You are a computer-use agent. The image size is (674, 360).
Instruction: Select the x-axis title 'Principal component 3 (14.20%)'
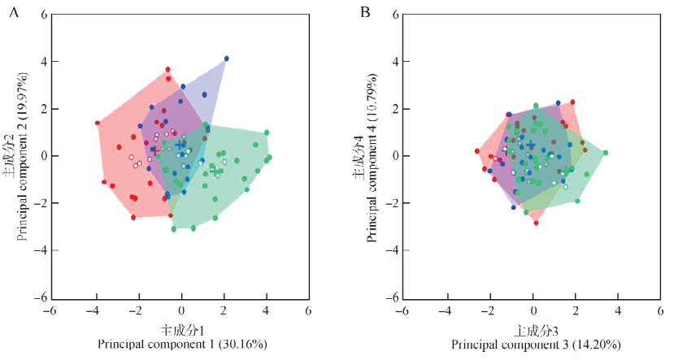coord(533,345)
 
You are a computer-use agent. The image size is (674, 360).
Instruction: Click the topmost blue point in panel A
coord(226,59)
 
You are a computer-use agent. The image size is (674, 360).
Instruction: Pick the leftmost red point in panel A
coord(98,124)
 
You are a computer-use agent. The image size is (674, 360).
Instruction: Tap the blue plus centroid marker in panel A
coord(180,145)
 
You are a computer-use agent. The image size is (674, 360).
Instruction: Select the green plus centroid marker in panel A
coord(215,171)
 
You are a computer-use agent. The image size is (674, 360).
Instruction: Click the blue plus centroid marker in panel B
coord(532,145)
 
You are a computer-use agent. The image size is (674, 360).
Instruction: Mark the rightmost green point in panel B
coord(605,153)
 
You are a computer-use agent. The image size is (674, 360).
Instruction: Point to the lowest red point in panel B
coord(536,223)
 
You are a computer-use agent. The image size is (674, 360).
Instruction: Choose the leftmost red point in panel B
coord(477,151)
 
